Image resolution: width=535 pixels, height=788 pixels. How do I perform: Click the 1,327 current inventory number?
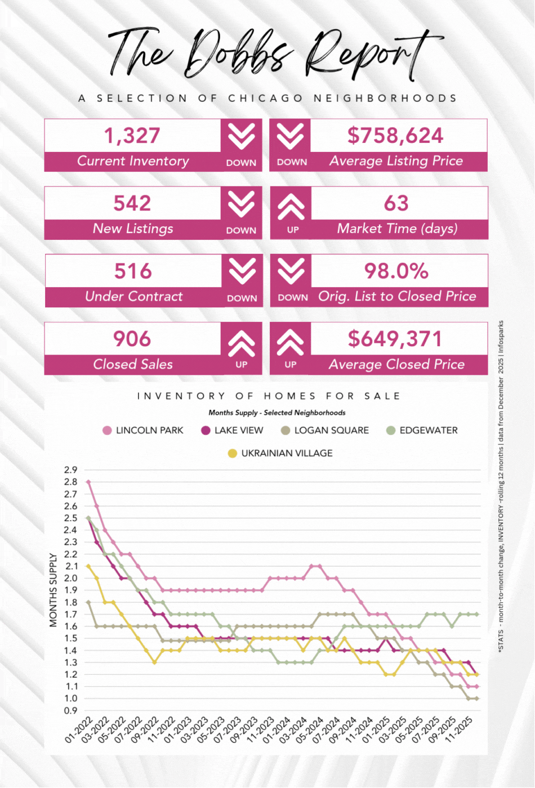click(x=132, y=136)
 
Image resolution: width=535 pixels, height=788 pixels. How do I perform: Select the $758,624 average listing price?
click(x=395, y=136)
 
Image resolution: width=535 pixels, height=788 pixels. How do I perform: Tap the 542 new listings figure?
click(x=132, y=203)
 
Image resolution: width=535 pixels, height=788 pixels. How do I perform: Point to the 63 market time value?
click(x=396, y=203)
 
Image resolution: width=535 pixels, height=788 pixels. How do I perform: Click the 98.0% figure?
click(x=396, y=271)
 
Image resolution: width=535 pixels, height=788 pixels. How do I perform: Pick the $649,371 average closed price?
click(x=395, y=339)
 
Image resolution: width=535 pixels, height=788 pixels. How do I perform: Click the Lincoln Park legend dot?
click(x=107, y=431)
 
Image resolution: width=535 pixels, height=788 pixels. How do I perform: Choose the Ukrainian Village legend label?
click(x=287, y=453)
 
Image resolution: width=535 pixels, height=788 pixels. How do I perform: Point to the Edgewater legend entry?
click(x=428, y=431)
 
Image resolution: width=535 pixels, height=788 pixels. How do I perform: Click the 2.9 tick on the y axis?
click(x=71, y=469)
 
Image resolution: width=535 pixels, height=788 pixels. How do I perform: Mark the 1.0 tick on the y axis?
click(x=71, y=699)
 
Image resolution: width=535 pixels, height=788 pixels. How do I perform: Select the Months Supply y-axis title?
click(x=53, y=590)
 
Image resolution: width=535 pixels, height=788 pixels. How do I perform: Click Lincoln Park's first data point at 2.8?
click(x=88, y=482)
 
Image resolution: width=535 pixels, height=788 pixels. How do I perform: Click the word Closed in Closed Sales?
click(x=114, y=364)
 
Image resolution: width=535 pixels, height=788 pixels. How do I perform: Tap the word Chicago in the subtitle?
click(x=265, y=98)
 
